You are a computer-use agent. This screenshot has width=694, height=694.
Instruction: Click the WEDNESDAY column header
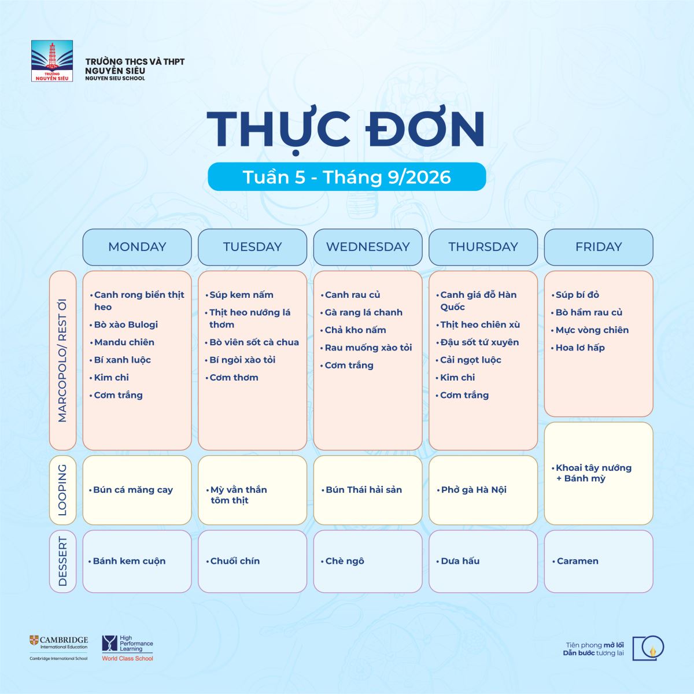pos(368,247)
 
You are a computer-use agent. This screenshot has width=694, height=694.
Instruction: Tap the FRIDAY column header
pos(599,247)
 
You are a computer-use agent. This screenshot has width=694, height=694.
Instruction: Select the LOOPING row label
pos(62,490)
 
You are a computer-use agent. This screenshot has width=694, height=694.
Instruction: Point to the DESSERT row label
pos(62,561)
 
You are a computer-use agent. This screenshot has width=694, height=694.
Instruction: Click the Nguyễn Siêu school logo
pos(52,61)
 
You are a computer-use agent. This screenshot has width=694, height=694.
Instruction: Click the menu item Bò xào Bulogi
pos(125,324)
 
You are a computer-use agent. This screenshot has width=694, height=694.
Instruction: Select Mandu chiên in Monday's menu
pos(124,342)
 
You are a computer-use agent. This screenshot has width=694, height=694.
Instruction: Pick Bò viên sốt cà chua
pos(254,342)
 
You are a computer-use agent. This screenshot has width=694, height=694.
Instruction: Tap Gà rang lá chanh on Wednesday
pos(363,312)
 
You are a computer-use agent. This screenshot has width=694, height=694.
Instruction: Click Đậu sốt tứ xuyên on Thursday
pos(479,342)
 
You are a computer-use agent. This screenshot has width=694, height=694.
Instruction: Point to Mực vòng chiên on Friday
pos(592,330)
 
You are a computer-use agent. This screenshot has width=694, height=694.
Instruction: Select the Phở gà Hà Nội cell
pos(483,490)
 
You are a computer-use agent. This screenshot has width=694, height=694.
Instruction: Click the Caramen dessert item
pos(577,561)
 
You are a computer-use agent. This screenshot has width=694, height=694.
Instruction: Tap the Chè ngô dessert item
pos(344,561)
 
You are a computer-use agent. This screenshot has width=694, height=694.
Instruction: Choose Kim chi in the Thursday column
pos(457,378)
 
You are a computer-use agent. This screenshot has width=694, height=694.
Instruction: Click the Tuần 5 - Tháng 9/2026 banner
pos(347,177)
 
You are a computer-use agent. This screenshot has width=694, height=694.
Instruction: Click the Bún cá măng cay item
pos(133,490)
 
